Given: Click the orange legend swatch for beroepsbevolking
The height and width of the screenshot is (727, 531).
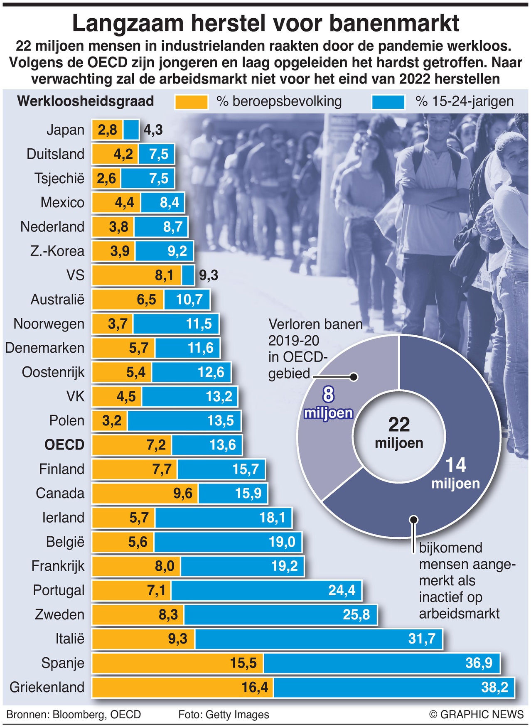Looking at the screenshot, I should (191, 102).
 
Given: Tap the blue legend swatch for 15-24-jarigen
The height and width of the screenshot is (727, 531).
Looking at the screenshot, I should (388, 102).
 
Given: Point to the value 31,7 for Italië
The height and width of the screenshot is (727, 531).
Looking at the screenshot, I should (422, 639).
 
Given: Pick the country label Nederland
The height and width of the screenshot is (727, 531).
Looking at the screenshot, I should (52, 227).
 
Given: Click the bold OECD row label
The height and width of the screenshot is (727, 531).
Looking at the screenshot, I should (64, 445).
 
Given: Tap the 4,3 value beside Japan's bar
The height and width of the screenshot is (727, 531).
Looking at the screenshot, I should (153, 130).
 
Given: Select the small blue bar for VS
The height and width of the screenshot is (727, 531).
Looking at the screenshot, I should (188, 275).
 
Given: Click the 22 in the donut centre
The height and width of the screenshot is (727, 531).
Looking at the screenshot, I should (399, 425).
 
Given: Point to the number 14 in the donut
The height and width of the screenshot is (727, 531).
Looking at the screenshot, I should (456, 465).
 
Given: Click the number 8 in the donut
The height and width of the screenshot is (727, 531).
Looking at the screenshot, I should (328, 394).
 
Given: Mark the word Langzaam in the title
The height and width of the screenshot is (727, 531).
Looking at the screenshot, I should (128, 23).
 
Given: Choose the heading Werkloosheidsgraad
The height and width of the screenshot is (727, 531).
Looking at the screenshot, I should (86, 101).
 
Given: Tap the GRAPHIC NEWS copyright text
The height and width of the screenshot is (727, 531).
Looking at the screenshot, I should (477, 715).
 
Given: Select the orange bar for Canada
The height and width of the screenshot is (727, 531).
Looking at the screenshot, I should (145, 494).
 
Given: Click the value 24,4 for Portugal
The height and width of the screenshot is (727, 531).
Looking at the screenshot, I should (342, 590).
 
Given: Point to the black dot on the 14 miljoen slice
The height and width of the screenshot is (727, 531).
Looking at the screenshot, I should (413, 519).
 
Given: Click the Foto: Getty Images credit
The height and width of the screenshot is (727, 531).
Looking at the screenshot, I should (224, 715).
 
